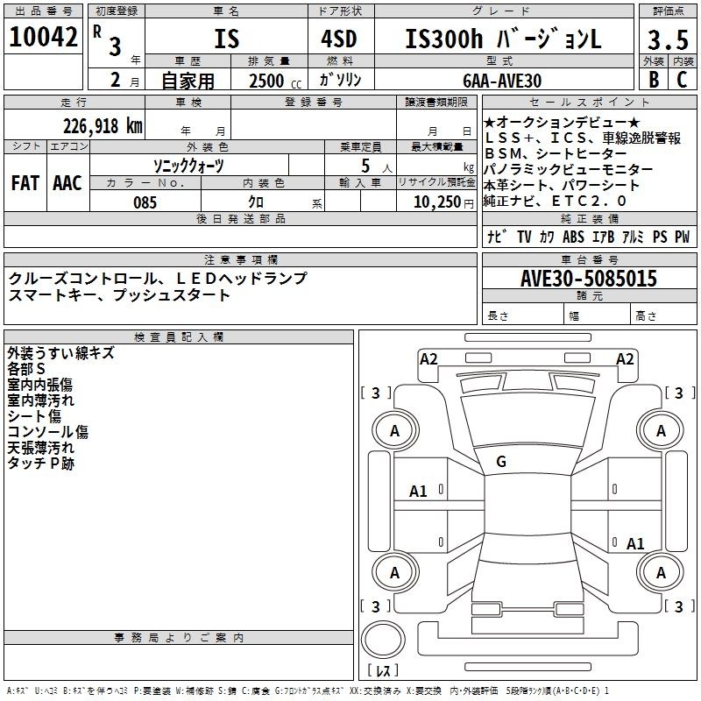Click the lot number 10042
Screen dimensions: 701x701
click(x=43, y=37)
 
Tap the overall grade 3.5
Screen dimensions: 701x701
click(x=668, y=39)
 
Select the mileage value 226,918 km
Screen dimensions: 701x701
click(x=103, y=126)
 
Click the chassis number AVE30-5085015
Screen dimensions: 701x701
click(x=589, y=278)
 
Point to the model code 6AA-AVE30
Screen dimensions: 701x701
click(x=502, y=81)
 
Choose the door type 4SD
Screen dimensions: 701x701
click(x=339, y=39)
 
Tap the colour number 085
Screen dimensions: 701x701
click(x=145, y=202)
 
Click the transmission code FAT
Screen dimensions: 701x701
click(x=25, y=183)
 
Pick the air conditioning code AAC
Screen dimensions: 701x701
click(x=67, y=183)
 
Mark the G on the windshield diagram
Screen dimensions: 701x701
click(x=501, y=462)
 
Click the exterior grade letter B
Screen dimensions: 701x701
click(x=654, y=80)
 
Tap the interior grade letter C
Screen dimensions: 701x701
click(x=682, y=80)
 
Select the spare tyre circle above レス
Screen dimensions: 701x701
click(x=383, y=639)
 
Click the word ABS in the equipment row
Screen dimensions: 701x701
click(x=573, y=237)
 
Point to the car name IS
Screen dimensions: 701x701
click(x=227, y=39)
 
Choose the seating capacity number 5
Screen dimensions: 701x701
click(x=365, y=166)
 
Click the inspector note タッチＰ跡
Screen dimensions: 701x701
click(x=40, y=464)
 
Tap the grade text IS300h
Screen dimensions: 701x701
click(x=444, y=39)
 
